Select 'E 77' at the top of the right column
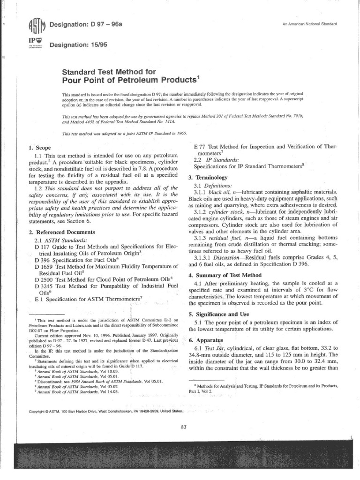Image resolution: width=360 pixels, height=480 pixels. coord(200,146)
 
